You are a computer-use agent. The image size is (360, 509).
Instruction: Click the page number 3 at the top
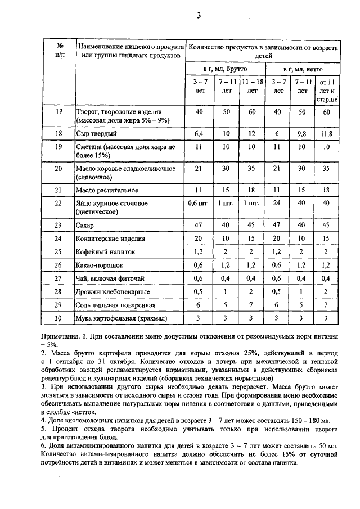198,15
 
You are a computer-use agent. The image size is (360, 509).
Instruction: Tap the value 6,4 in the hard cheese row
198,134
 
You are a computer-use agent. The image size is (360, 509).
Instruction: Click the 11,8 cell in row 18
327,134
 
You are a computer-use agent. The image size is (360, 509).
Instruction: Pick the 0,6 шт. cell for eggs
198,204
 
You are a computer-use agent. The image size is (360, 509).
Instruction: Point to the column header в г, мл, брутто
225,68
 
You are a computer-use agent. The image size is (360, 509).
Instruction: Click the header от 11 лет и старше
327,90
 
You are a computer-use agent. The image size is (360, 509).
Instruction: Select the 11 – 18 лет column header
252,86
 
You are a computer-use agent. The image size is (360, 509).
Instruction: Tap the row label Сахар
85,225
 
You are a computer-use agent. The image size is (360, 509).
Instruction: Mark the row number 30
59,318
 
